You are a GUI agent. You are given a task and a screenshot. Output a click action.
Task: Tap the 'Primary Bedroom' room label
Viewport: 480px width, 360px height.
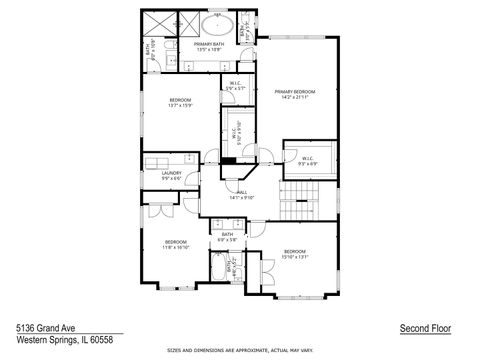295,92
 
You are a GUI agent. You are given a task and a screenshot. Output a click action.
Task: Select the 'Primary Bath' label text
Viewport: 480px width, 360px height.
209,45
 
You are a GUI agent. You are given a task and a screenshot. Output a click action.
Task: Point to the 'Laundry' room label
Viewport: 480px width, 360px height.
171,173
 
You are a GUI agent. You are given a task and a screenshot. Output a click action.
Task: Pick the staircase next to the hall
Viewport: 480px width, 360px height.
295,210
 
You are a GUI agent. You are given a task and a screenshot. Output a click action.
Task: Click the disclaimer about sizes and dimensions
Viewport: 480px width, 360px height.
239,350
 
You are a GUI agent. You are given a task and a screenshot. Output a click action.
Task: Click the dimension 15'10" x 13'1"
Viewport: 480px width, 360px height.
294,256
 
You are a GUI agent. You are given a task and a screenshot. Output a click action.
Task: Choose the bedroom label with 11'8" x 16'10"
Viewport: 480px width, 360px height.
176,242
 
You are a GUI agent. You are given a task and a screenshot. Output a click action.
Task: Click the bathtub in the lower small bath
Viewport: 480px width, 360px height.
217,268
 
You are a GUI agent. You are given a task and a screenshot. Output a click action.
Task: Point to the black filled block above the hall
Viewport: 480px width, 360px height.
229,160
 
